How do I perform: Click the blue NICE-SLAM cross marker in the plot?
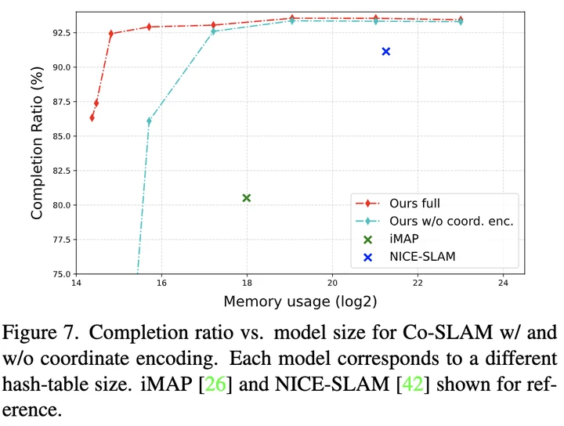(x=385, y=52)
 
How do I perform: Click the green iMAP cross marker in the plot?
(x=247, y=198)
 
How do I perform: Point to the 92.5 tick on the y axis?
(x=57, y=33)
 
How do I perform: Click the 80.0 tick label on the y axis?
(x=57, y=205)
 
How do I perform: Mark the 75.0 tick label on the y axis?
(x=57, y=274)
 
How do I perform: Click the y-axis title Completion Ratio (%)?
(x=36, y=143)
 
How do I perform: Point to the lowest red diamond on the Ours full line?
(x=92, y=117)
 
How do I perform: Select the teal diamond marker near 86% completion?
(x=149, y=121)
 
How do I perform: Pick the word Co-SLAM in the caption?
(x=459, y=333)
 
